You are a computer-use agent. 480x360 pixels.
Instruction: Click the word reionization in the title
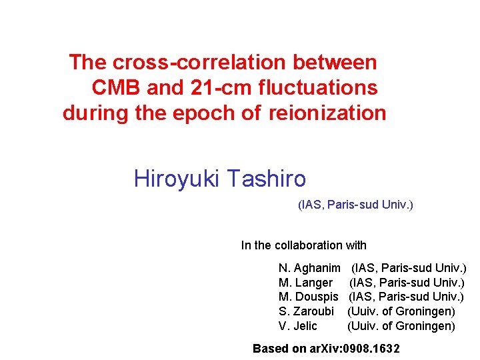327,113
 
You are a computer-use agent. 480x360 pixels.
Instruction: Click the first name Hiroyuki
175,179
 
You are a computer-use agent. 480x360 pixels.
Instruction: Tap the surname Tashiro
265,179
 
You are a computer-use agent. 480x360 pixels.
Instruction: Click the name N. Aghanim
309,268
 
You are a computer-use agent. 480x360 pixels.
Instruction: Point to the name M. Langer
305,283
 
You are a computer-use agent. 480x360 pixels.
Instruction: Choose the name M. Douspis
309,297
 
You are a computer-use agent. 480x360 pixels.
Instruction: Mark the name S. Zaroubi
306,311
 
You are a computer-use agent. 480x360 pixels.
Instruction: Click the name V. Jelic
298,326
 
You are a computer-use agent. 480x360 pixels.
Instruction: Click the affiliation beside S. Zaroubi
401,311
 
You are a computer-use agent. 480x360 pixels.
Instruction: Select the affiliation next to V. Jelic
401,326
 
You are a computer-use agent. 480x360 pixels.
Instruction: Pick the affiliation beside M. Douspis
407,297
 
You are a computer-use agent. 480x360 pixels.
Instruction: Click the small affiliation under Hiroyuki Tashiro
355,205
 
